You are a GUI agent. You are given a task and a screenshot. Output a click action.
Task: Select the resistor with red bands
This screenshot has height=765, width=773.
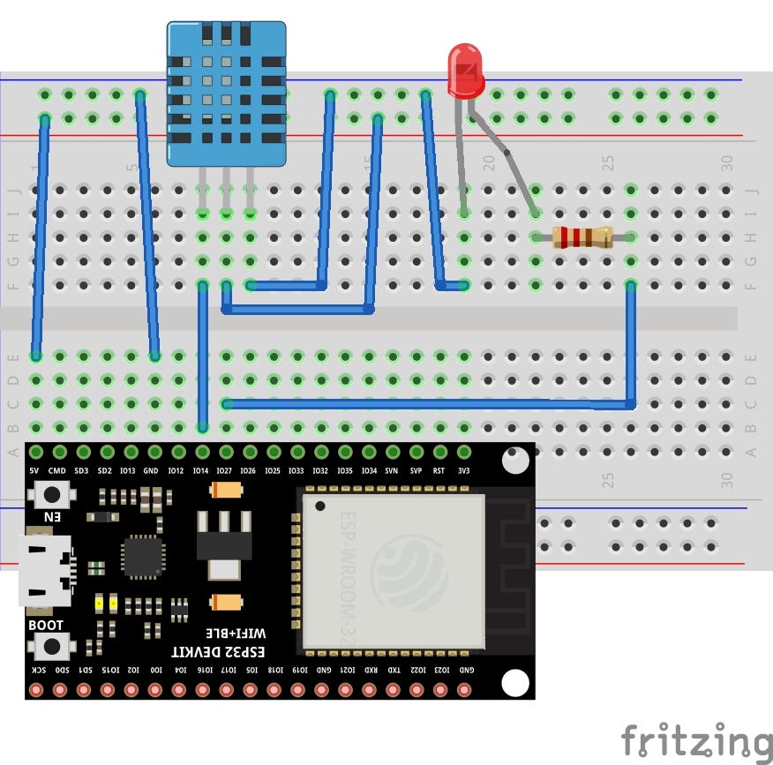tap(582, 237)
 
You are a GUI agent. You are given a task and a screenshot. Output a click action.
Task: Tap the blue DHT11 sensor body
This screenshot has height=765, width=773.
tap(227, 94)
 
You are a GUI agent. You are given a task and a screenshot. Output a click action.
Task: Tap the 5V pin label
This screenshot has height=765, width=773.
tap(34, 472)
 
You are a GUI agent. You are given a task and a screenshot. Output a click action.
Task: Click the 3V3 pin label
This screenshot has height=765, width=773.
tap(464, 472)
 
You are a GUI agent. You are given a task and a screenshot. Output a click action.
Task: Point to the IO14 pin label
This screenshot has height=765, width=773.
tap(200, 472)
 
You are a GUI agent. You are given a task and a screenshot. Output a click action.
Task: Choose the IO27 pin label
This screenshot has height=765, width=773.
tap(224, 472)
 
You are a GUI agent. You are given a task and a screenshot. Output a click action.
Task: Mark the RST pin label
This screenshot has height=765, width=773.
tap(439, 472)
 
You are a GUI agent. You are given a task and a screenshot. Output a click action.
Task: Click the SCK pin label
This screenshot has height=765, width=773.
tap(38, 671)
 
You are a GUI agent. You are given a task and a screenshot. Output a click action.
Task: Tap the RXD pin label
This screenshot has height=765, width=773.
tap(371, 671)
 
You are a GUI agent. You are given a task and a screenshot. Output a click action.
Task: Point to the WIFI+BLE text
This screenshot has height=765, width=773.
tap(236, 633)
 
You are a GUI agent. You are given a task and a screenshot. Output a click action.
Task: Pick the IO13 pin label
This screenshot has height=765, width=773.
tap(128, 472)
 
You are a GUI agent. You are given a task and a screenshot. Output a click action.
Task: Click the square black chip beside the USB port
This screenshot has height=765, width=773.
tap(142, 557)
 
